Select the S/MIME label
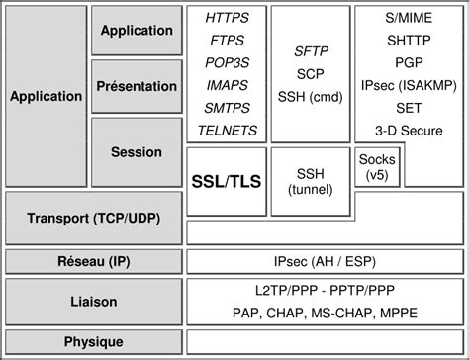pyautogui.click(x=408, y=18)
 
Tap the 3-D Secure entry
pyautogui.click(x=408, y=130)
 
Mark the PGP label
pyautogui.click(x=408, y=62)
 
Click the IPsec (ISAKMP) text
pyautogui.click(x=408, y=85)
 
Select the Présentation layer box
pyautogui.click(x=137, y=86)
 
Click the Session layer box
pyautogui.click(x=137, y=153)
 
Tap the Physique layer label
pyautogui.click(x=94, y=342)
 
